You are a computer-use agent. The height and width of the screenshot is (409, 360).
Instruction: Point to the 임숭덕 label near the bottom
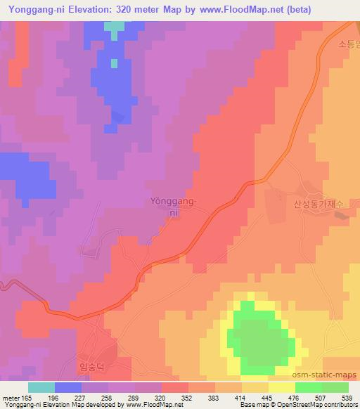(93, 365)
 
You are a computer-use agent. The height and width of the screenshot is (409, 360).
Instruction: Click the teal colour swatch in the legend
(41, 387)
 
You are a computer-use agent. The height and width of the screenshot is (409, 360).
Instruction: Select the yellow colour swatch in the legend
(282, 387)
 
